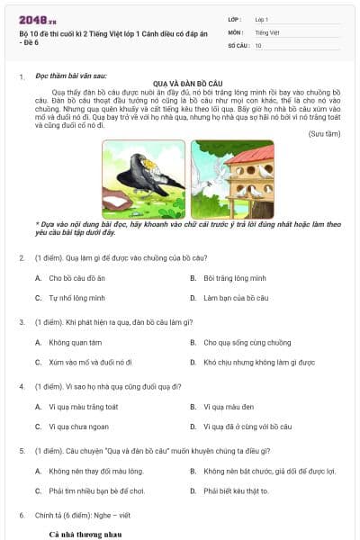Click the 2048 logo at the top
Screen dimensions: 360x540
[x=36, y=20]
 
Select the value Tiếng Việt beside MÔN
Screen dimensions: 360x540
[x=267, y=31]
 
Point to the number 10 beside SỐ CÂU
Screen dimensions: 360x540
[x=258, y=44]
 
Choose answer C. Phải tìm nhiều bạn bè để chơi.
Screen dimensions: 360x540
[x=96, y=490]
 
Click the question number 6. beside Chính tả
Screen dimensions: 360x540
[x=22, y=516]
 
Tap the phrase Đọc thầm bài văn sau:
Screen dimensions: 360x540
[x=70, y=76]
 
